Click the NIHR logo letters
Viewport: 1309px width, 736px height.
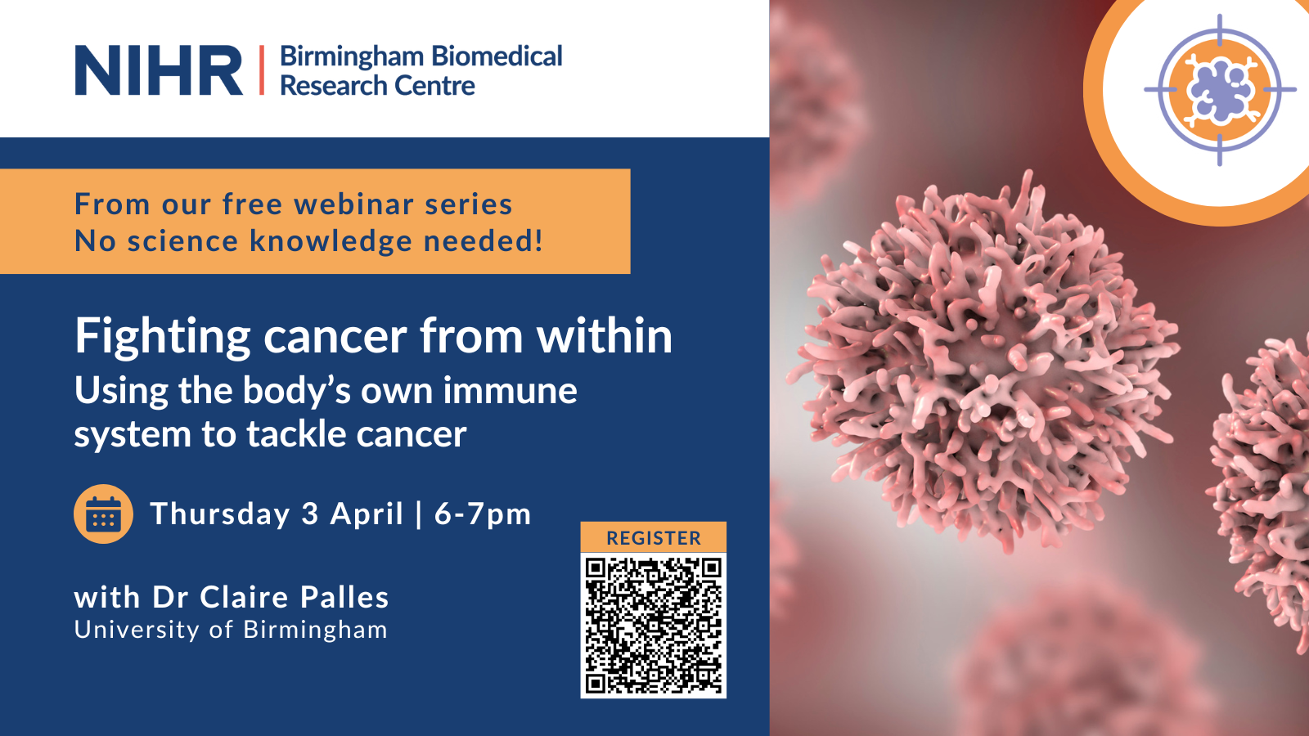pos(159,70)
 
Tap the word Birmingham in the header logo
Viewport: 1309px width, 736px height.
pos(352,57)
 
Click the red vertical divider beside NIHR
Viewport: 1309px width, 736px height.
pos(261,70)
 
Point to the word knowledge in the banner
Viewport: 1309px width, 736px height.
pos(331,241)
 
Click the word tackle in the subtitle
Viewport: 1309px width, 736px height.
pos(295,434)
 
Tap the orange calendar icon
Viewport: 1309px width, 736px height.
pos(103,514)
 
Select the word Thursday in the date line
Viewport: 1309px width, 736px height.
pos(220,514)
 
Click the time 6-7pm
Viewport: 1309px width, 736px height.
pos(483,514)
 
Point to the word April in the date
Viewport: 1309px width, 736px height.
pos(367,514)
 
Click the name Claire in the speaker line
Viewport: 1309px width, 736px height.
pos(245,597)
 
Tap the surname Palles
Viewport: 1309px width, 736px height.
pos(344,597)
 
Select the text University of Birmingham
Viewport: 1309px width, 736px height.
pos(231,630)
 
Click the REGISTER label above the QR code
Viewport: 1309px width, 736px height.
pos(654,538)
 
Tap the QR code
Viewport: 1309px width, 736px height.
pos(654,626)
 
